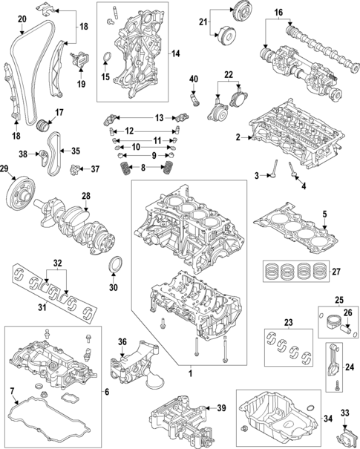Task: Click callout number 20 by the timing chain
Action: pos(22,19)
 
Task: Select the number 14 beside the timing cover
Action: pos(175,53)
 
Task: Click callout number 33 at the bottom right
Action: pos(344,413)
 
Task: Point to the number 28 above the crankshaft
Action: pos(86,196)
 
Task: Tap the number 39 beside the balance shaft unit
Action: pos(220,408)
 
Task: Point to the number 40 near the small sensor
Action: pos(193,79)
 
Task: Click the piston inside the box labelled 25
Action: pos(332,325)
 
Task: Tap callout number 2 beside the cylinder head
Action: pos(238,137)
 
